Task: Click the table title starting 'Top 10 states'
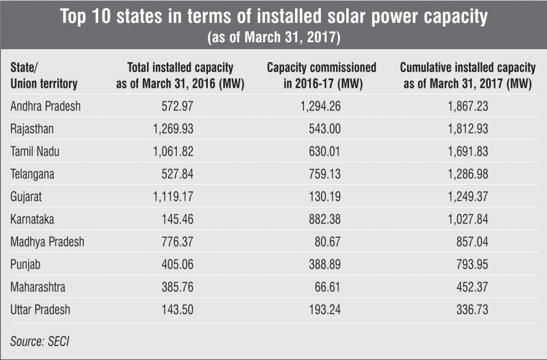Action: [x=273, y=17]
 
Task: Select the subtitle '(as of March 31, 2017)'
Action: [x=273, y=38]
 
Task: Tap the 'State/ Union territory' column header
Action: [x=44, y=76]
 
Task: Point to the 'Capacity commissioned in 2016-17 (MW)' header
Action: [x=322, y=76]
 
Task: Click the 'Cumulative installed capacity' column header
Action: [x=468, y=76]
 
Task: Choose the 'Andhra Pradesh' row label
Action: [x=45, y=106]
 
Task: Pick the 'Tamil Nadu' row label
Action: [x=35, y=152]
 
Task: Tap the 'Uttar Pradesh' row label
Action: [x=40, y=310]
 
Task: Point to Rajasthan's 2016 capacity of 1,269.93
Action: [x=169, y=129]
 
